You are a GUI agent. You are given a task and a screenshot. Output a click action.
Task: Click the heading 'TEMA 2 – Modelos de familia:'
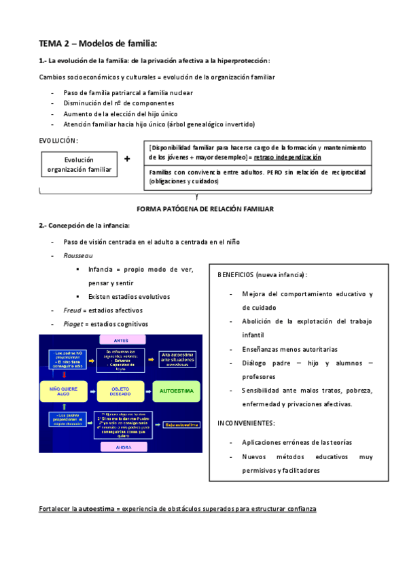(x=98, y=43)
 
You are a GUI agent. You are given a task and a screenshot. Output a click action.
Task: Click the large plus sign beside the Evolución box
(x=127, y=159)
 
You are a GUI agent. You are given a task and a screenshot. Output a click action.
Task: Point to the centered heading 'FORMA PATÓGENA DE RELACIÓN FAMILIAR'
(x=205, y=209)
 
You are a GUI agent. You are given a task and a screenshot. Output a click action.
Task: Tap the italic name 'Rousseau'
(x=77, y=255)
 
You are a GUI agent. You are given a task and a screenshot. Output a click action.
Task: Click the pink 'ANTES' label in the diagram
(x=120, y=340)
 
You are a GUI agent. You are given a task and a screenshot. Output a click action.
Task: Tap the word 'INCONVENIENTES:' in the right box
(x=246, y=423)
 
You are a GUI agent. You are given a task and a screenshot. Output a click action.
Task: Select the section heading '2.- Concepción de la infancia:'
(x=84, y=226)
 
